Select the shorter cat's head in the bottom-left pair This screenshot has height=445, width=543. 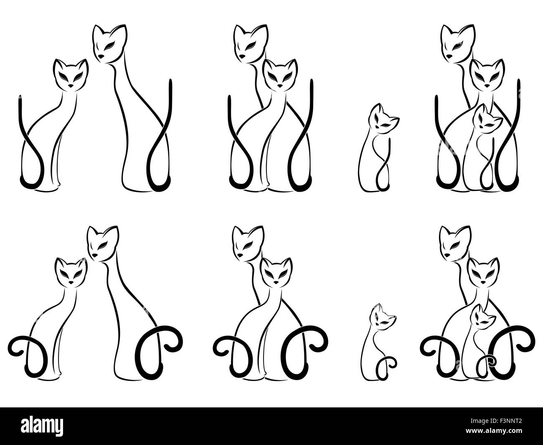(70, 272)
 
